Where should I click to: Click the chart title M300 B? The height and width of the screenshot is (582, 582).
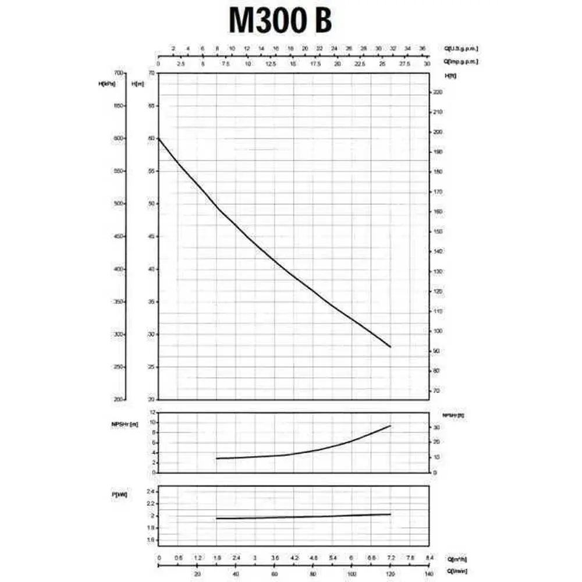(x=281, y=21)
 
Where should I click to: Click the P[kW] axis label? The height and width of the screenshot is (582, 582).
(x=120, y=494)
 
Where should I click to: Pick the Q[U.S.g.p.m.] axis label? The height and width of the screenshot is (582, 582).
(x=463, y=48)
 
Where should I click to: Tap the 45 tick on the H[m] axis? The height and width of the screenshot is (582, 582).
(x=152, y=236)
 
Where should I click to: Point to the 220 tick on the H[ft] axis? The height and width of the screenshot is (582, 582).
(x=438, y=93)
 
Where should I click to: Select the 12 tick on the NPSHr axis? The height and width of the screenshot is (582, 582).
(x=152, y=413)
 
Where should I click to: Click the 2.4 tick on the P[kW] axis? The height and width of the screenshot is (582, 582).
(x=151, y=491)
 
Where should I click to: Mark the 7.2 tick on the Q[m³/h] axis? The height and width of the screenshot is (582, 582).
(x=390, y=558)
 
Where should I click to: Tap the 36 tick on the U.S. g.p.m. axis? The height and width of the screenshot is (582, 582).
(x=423, y=48)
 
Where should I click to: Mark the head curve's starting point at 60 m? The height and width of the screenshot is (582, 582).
(x=159, y=139)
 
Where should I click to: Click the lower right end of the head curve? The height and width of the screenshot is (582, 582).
(x=391, y=347)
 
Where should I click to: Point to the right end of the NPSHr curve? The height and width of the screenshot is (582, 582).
(x=390, y=426)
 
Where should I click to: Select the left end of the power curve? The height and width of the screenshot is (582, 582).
(x=217, y=519)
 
